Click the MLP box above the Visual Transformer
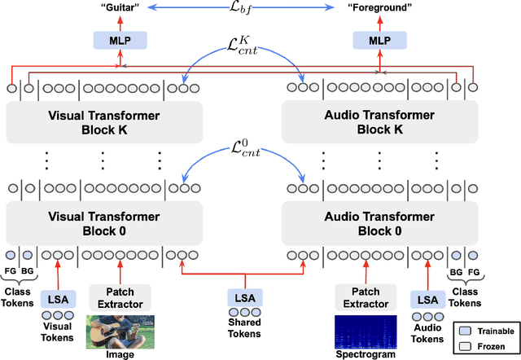(x=120, y=39)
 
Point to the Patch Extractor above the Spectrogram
(x=366, y=298)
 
